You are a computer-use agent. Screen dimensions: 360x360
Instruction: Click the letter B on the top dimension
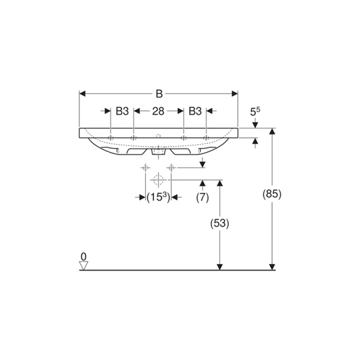pos(159,94)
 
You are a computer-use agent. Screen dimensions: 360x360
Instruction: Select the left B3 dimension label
pos(122,111)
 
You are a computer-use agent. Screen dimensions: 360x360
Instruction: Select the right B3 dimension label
pos(195,111)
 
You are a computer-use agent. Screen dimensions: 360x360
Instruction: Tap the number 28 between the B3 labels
pos(159,111)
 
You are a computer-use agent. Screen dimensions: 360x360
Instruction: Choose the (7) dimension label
pos(202,198)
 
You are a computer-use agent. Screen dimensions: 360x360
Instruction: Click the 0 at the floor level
pos(83,256)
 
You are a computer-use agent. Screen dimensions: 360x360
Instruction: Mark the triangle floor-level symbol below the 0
pos(83,265)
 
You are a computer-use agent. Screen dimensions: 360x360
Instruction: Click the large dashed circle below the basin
pos(158,179)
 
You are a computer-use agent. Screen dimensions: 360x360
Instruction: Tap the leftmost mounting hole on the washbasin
pos(111,138)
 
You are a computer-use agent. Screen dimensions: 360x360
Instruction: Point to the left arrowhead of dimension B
pos(83,94)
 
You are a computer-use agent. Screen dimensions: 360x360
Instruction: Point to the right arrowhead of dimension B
pos(235,94)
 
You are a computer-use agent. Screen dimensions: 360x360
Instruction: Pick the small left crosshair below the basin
pos(145,168)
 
